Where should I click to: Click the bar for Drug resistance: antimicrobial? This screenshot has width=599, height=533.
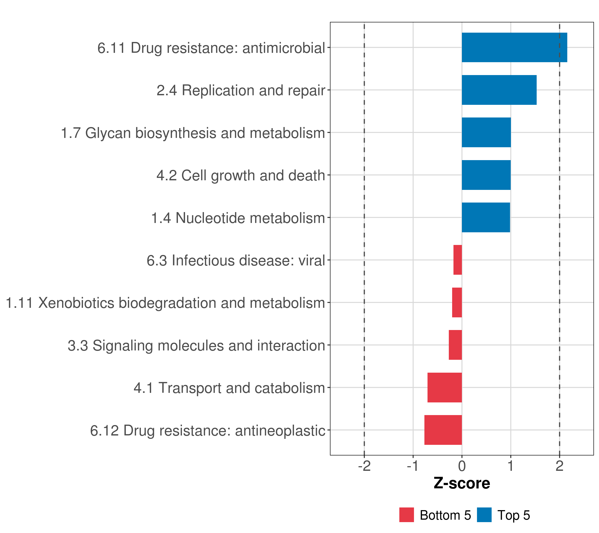click(514, 47)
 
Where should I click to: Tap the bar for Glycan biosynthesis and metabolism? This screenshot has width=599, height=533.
click(486, 132)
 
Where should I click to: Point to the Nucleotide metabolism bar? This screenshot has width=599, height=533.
click(486, 217)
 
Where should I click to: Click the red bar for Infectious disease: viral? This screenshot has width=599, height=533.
click(457, 260)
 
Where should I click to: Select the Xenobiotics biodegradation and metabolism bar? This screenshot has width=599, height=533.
click(457, 302)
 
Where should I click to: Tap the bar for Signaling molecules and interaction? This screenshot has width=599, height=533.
click(455, 345)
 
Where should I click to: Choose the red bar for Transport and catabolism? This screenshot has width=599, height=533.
click(445, 388)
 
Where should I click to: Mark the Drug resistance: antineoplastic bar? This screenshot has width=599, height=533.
click(443, 430)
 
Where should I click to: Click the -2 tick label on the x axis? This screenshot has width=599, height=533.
click(364, 466)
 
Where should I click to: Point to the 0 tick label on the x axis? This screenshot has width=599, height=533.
click(462, 466)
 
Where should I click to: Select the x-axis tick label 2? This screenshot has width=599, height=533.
click(560, 466)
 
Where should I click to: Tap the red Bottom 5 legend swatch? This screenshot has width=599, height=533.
click(406, 515)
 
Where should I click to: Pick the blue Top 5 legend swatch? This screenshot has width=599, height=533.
click(484, 515)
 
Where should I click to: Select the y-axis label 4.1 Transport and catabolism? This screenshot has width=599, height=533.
click(229, 388)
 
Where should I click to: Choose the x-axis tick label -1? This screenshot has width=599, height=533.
click(413, 466)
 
